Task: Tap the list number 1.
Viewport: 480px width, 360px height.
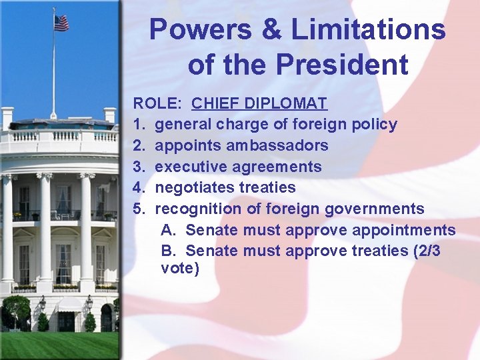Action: [x=138, y=125]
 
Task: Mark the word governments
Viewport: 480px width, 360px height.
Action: [x=374, y=209]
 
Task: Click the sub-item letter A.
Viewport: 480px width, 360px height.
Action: [x=167, y=231]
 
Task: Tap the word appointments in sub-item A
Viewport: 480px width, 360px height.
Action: [x=408, y=231]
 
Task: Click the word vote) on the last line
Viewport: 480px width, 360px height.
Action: [x=180, y=269]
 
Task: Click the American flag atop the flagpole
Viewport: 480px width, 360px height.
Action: [x=61, y=23]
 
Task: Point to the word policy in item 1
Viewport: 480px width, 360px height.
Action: [x=374, y=125]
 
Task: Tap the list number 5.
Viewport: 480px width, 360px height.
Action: [x=138, y=209]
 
